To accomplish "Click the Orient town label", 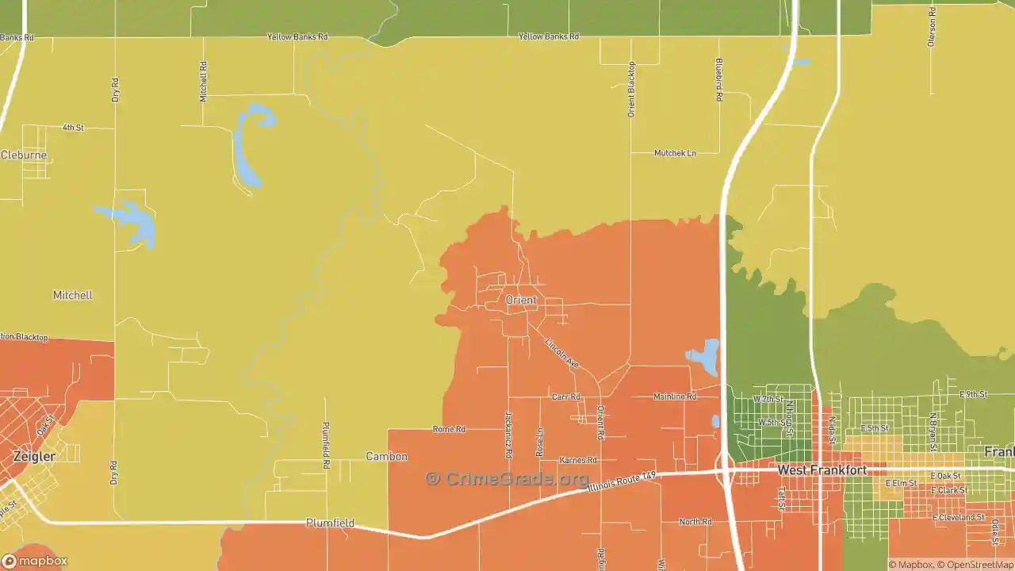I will [521, 301].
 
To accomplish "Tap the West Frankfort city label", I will [822, 470].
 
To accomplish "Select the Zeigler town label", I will [34, 457].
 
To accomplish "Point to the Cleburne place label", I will [24, 155].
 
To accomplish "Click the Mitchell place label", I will [72, 295].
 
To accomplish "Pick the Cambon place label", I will [386, 456].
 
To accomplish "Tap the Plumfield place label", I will [330, 523].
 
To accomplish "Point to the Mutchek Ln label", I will [675, 153].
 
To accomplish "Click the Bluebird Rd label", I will [719, 79].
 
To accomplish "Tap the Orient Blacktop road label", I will [632, 89].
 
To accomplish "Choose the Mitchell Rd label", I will [204, 81].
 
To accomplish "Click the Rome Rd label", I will [449, 429].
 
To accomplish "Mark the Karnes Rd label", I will [577, 460].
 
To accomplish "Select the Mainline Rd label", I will [675, 397].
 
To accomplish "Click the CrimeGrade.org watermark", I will [507, 478].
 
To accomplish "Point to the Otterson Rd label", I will [932, 27].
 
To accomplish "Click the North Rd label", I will [695, 522].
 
